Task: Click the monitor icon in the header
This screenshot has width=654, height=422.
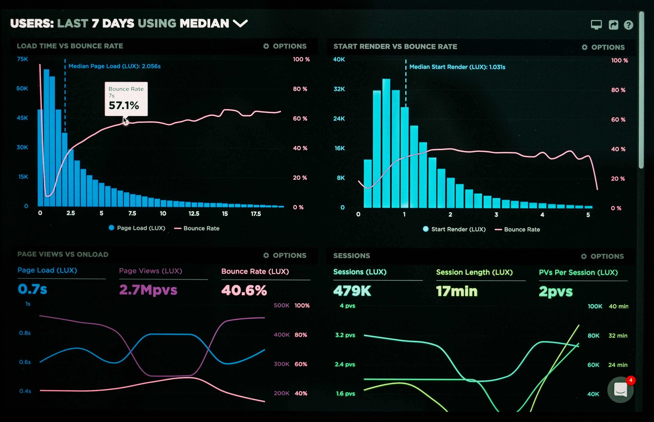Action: click(596, 25)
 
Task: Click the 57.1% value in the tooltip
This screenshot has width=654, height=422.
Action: click(124, 105)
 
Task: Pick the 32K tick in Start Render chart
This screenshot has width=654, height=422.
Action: click(339, 89)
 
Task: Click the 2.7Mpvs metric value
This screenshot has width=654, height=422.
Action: click(148, 290)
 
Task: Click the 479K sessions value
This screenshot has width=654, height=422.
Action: click(352, 291)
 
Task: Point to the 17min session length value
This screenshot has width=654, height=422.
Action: click(457, 291)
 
